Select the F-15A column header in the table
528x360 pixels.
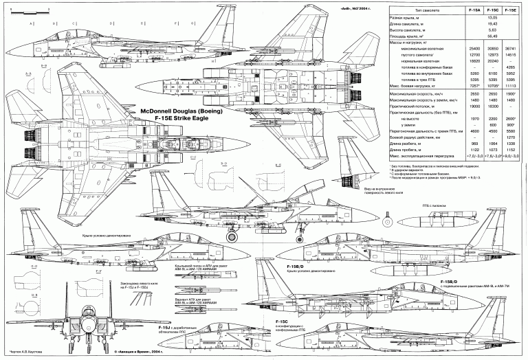471,12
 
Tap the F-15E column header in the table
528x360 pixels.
512,12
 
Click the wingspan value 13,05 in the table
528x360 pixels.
492,21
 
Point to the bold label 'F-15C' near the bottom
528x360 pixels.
281,322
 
